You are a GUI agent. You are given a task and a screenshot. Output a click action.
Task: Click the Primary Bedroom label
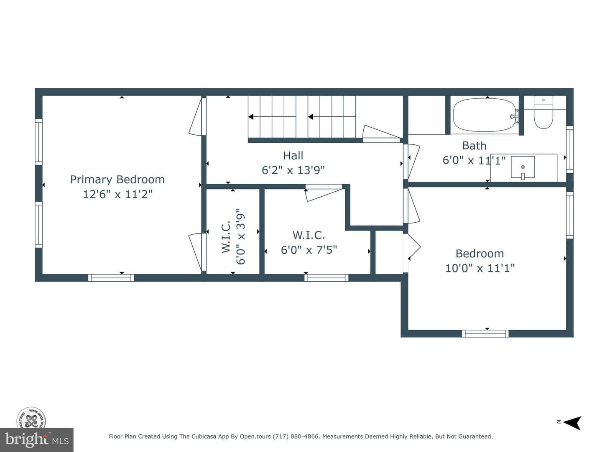pos(117,180)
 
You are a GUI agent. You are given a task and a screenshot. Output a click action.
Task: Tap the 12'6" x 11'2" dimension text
pos(117,194)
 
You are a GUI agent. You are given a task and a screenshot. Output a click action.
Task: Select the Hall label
pos(293,156)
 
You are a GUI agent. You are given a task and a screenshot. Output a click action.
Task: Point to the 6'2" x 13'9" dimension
pos(293,170)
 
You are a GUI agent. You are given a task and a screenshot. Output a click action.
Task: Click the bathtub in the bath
pos(485,115)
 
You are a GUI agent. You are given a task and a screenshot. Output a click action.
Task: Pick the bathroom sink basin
pos(523,167)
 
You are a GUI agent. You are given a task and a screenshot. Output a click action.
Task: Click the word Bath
pos(474,146)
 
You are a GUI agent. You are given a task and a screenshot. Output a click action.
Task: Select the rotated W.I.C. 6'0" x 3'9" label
pos(233,236)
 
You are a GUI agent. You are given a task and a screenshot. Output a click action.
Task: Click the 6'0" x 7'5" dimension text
pos(309,250)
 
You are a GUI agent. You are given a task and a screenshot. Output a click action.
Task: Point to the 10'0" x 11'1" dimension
pos(480,268)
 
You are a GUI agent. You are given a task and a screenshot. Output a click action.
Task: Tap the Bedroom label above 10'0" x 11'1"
pos(480,254)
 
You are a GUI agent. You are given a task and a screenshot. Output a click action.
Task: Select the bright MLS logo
pos(37,440)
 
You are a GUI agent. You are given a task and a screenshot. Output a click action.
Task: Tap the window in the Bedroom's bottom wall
pos(485,334)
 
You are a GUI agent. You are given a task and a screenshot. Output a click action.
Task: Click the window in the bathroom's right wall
pos(570,149)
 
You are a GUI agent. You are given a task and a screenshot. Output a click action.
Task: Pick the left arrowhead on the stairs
pos(251,117)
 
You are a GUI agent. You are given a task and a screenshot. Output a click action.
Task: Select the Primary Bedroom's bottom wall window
pos(111,278)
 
